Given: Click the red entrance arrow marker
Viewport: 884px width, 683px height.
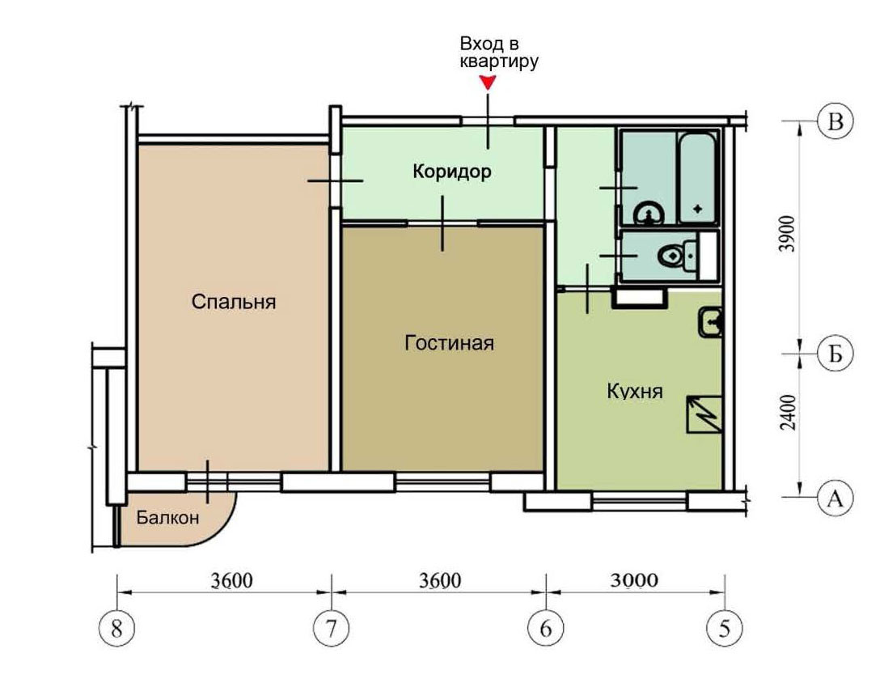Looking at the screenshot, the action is (x=489, y=83).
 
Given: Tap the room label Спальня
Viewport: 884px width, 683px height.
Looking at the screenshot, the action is (x=234, y=302).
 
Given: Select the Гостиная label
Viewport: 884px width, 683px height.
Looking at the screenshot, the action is (x=450, y=343).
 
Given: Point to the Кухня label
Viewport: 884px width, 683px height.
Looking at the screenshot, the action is (x=635, y=391).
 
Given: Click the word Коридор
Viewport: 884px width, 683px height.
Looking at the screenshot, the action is (x=452, y=171).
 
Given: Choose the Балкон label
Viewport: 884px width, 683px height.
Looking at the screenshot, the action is (x=168, y=517).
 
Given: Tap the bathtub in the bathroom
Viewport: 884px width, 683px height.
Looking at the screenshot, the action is (x=698, y=178).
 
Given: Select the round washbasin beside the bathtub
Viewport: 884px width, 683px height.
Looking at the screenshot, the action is (x=649, y=213).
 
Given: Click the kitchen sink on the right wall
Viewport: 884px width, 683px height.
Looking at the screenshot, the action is (x=711, y=322).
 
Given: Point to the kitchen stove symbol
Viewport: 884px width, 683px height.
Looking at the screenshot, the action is (x=704, y=414).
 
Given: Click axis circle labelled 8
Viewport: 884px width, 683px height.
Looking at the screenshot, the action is (x=116, y=628).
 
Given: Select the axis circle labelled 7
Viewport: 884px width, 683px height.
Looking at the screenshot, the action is (x=331, y=628).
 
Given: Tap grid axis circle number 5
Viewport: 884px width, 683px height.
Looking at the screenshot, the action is (x=725, y=628).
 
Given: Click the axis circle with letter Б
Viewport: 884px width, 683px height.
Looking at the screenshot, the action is (x=835, y=354).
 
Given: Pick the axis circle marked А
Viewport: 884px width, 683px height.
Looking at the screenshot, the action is (x=835, y=498).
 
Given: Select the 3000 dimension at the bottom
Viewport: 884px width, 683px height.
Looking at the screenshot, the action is (x=635, y=579).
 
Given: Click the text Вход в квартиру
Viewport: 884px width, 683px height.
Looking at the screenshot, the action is (x=499, y=52).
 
